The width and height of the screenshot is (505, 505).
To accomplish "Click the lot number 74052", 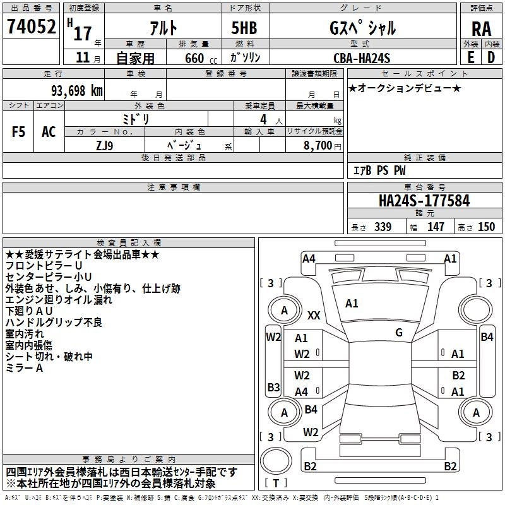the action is (31, 26).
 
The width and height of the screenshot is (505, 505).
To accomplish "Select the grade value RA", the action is (481, 29).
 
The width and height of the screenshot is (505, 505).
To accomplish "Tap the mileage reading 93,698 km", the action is (77, 91).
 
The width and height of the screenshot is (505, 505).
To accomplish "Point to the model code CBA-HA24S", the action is (362, 58).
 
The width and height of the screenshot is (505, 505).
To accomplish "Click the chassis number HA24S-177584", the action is (424, 201).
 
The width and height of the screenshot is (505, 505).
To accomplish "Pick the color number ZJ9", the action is (105, 146).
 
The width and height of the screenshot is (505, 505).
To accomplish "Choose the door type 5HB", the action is (244, 28).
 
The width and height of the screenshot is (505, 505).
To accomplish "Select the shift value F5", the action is (18, 132).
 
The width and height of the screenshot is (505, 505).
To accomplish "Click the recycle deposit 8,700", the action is (318, 146).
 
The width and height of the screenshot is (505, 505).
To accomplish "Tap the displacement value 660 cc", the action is (201, 59).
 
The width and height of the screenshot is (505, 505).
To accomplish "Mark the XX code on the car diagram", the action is (314, 315).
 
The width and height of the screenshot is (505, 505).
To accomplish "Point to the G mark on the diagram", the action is (399, 333).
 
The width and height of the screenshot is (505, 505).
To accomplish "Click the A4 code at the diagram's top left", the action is (309, 259).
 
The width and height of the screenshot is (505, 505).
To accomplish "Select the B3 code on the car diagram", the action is (273, 387).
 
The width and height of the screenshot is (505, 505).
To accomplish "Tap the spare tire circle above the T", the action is (276, 461).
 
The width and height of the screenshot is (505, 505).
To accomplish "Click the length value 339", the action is (383, 227).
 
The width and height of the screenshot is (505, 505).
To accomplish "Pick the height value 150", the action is (486, 227).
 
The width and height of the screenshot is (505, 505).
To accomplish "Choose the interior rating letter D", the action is (491, 57).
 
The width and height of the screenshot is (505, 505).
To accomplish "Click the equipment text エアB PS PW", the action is (379, 170).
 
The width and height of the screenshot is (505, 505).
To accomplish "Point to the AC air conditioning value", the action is (49, 132).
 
